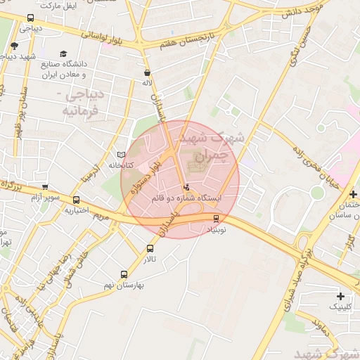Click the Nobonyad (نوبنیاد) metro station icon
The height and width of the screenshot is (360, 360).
point(216,218)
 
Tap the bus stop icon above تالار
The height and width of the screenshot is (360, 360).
point(150,248)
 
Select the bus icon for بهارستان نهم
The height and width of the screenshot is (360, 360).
point(124,274)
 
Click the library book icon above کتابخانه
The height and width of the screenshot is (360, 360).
point(121,155)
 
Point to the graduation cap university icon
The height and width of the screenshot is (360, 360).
point(64,54)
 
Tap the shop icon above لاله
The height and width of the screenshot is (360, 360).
point(147,72)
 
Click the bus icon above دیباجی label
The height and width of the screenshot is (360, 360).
point(30,18)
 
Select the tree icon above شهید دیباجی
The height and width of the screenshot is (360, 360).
point(14,46)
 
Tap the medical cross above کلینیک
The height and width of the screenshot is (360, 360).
point(341,296)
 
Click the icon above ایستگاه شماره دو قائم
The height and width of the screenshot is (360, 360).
point(186,188)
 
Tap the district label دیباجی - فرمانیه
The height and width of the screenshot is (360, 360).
point(84,103)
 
